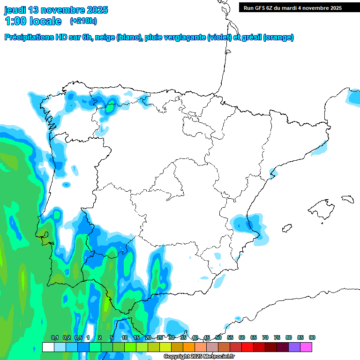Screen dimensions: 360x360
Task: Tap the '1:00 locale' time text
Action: coord(33,21)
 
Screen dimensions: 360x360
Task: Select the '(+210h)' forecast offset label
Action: coord(83,21)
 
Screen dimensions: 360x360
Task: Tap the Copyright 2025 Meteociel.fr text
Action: coord(199,357)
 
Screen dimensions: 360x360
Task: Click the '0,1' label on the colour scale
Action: coord(55,338)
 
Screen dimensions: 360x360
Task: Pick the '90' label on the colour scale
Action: coord(312,338)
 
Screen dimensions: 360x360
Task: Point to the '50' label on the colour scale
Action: coord(218,338)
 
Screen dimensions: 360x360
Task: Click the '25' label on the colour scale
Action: coord(160,338)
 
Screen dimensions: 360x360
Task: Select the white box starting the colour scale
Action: coord(48,347)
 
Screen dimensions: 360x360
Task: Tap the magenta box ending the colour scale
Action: coord(306,347)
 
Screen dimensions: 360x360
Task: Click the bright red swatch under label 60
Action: coord(247,347)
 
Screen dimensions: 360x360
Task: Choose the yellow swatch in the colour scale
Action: coord(165,347)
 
